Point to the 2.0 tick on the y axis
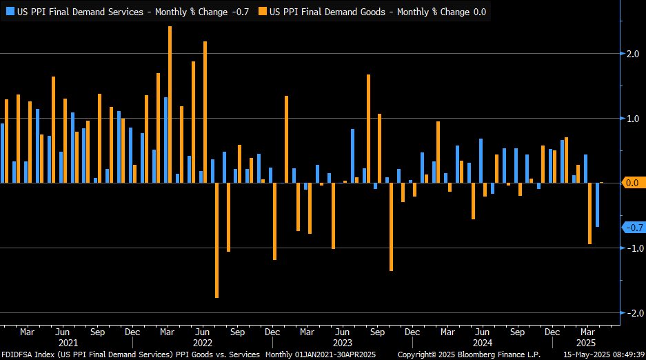[x=633, y=54]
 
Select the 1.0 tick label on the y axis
[x=633, y=119]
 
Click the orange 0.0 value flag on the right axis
[x=633, y=183]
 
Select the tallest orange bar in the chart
[x=170, y=103]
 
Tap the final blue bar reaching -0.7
[x=597, y=205]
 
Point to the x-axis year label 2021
[x=68, y=343]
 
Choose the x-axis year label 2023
[x=343, y=343]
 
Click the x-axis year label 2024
[x=482, y=343]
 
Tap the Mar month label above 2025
[x=587, y=332]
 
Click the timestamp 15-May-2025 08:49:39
[x=604, y=354]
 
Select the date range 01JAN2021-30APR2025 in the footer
[x=335, y=354]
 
